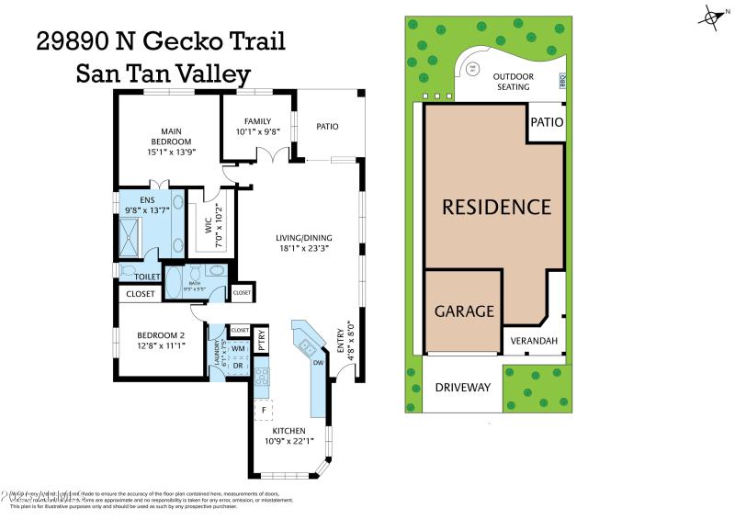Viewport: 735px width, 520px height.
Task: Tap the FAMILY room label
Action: tap(258, 121)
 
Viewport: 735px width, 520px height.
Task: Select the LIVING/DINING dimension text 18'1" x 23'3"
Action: tap(302, 248)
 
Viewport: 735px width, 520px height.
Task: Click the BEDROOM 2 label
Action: tap(162, 335)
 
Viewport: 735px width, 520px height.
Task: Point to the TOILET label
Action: tap(148, 277)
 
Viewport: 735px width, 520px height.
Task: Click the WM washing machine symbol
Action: tap(237, 349)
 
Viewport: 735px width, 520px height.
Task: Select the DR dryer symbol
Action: tap(237, 366)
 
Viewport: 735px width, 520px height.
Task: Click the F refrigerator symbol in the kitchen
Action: tap(266, 410)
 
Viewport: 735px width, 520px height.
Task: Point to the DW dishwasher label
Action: tap(319, 363)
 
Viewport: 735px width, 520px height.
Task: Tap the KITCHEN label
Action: tap(288, 431)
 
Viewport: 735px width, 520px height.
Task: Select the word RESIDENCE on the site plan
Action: tap(496, 207)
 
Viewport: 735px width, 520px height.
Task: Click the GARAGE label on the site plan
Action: tap(464, 311)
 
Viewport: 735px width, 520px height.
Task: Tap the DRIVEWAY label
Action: tap(461, 388)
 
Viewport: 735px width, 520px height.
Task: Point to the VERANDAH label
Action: tap(534, 341)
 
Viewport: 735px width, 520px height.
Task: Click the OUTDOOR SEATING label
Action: tap(512, 82)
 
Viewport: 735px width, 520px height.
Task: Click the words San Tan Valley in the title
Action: tap(164, 73)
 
